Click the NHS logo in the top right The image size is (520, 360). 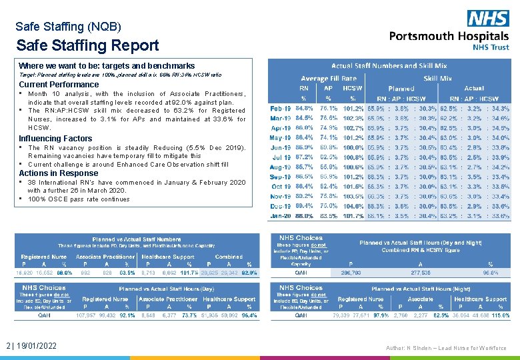point(488,18)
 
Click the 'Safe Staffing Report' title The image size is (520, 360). point(87,45)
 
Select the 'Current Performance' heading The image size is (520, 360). point(59,85)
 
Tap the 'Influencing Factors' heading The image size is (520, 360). point(55,139)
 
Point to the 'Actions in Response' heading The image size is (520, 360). point(58,173)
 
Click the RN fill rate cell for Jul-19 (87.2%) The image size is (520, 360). point(305,157)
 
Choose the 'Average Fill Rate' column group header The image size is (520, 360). point(329,78)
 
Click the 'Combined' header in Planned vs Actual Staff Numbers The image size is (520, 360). point(229,256)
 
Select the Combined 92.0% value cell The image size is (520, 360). point(249,273)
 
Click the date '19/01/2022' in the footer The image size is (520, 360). point(39,346)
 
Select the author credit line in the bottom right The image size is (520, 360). point(445,347)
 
